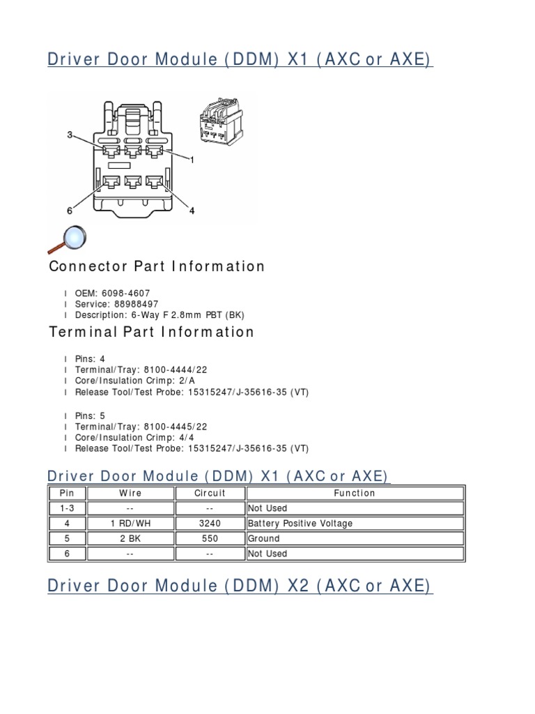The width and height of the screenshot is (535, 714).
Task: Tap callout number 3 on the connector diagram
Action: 70,135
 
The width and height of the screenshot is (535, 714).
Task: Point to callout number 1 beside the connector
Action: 192,160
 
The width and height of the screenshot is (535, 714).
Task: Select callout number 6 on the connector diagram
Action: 70,211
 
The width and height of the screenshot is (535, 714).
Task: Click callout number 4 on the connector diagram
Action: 192,211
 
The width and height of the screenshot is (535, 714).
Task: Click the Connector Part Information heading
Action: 157,266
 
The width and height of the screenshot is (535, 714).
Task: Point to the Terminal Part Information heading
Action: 152,332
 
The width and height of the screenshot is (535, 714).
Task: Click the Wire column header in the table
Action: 130,493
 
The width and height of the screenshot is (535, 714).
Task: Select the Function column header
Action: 355,493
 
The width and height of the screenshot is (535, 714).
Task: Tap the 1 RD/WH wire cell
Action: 130,524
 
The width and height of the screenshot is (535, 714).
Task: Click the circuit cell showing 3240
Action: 210,524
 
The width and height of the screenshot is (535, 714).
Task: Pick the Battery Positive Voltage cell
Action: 300,524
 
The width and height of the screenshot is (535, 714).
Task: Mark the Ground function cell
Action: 264,539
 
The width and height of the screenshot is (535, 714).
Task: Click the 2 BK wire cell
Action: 130,539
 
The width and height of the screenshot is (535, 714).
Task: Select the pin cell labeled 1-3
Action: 67,508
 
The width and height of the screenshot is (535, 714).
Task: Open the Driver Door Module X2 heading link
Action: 240,586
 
